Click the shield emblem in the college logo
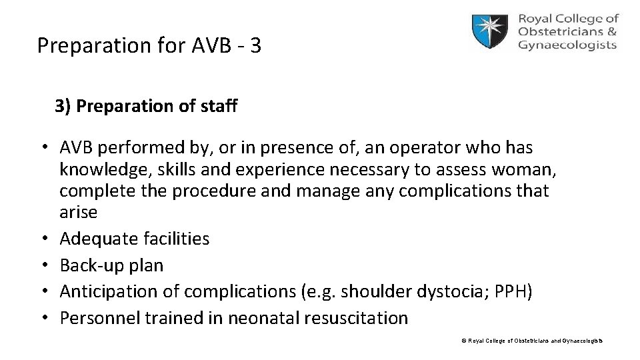[x=492, y=32]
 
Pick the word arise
[x=78, y=213]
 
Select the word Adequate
[x=99, y=239]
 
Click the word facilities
[x=176, y=239]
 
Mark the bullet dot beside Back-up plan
[x=42, y=265]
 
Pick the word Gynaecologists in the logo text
[x=567, y=45]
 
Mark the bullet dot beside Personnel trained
[x=42, y=318]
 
